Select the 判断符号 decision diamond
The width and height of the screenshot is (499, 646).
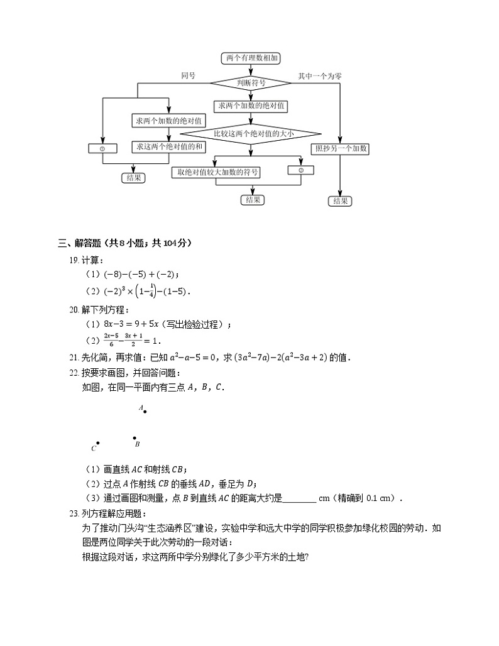[x=251, y=82]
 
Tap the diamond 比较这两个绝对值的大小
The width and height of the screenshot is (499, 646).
[x=249, y=133]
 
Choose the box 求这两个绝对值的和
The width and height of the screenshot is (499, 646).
[x=168, y=147]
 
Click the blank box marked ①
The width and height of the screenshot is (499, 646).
[x=102, y=148]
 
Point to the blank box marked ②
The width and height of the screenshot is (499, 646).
[x=301, y=170]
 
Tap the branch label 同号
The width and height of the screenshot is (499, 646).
[x=188, y=75]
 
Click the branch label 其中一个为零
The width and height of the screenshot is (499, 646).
[x=320, y=75]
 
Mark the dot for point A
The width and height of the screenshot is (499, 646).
[x=145, y=412]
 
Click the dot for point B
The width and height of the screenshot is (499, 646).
[x=134, y=438]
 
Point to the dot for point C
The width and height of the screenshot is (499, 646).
[x=98, y=443]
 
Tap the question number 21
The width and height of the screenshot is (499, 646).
[x=74, y=358]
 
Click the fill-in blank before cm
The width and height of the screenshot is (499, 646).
[x=300, y=499]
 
